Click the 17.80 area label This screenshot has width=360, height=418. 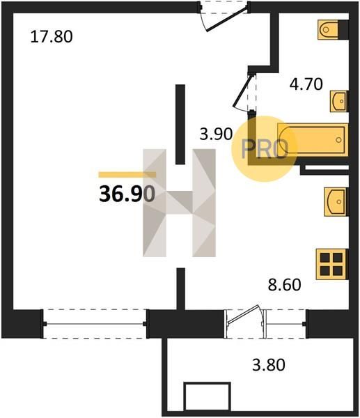(52, 36)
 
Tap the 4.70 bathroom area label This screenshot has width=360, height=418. (306, 84)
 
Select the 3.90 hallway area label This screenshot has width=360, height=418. (216, 134)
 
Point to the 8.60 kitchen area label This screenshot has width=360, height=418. (284, 284)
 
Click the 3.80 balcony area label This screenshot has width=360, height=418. (269, 364)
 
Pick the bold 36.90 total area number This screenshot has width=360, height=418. (127, 194)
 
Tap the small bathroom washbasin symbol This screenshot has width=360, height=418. (339, 101)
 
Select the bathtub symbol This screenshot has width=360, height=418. (313, 140)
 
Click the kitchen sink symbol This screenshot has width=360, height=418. (336, 202)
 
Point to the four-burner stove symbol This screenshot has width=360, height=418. (331, 264)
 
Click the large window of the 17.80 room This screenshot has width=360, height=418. (95, 324)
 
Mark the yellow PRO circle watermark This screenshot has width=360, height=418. (264, 149)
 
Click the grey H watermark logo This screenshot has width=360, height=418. (179, 203)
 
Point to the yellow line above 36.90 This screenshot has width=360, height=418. (127, 175)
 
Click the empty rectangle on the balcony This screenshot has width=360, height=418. (207, 397)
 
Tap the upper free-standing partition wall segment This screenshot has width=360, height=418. (180, 124)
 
